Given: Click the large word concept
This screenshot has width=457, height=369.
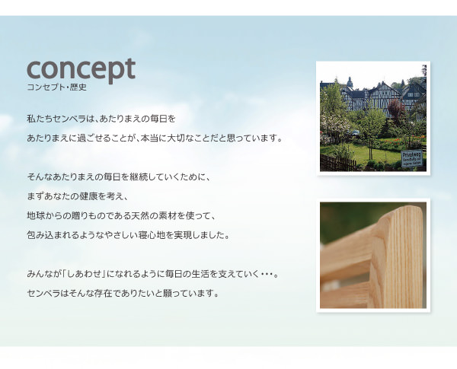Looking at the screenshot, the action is pos(81,70).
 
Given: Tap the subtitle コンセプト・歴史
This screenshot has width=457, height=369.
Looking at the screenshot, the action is pos(57,87).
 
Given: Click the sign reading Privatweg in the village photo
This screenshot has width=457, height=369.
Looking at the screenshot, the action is pos(411,159).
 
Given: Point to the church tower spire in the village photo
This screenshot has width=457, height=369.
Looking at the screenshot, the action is pos(350,82).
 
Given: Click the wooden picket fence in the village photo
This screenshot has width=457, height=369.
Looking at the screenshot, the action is pos(337,163).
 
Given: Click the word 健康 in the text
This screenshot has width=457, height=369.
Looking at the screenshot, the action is pos(88,196).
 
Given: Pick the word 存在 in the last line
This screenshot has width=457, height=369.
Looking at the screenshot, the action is pos(103,293).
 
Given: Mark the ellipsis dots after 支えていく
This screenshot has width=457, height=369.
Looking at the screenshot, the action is pos(267,275).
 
